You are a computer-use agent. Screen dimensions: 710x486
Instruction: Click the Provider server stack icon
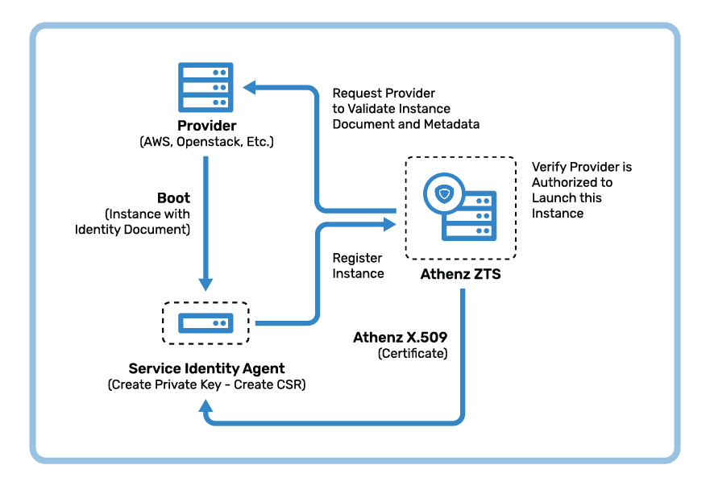click(x=206, y=87)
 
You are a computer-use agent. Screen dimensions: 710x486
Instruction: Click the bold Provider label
click(x=207, y=126)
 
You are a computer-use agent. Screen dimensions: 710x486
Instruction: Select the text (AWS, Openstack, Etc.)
click(x=207, y=142)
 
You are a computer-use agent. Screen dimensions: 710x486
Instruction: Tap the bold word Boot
click(x=173, y=198)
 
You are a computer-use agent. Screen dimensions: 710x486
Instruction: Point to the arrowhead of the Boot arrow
click(x=206, y=284)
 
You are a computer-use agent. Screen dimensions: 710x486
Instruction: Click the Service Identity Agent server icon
click(x=206, y=323)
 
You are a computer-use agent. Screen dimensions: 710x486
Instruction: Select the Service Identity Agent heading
click(x=207, y=368)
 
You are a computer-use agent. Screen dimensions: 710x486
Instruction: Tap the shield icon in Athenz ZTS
click(x=444, y=194)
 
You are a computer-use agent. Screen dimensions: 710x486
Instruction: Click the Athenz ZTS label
click(x=460, y=274)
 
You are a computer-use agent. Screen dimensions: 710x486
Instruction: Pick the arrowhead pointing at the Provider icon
click(x=250, y=87)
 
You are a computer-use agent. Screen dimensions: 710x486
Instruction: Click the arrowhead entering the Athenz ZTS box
click(x=389, y=224)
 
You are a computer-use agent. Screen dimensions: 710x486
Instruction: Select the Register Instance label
click(x=358, y=266)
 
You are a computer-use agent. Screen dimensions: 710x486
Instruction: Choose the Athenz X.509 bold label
click(x=401, y=338)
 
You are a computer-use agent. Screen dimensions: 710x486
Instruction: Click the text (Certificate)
click(x=413, y=353)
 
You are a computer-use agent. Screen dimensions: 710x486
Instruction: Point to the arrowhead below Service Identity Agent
click(x=206, y=405)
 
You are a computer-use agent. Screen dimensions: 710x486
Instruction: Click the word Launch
click(x=552, y=198)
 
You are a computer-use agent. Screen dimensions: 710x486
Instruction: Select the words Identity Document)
click(x=133, y=230)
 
